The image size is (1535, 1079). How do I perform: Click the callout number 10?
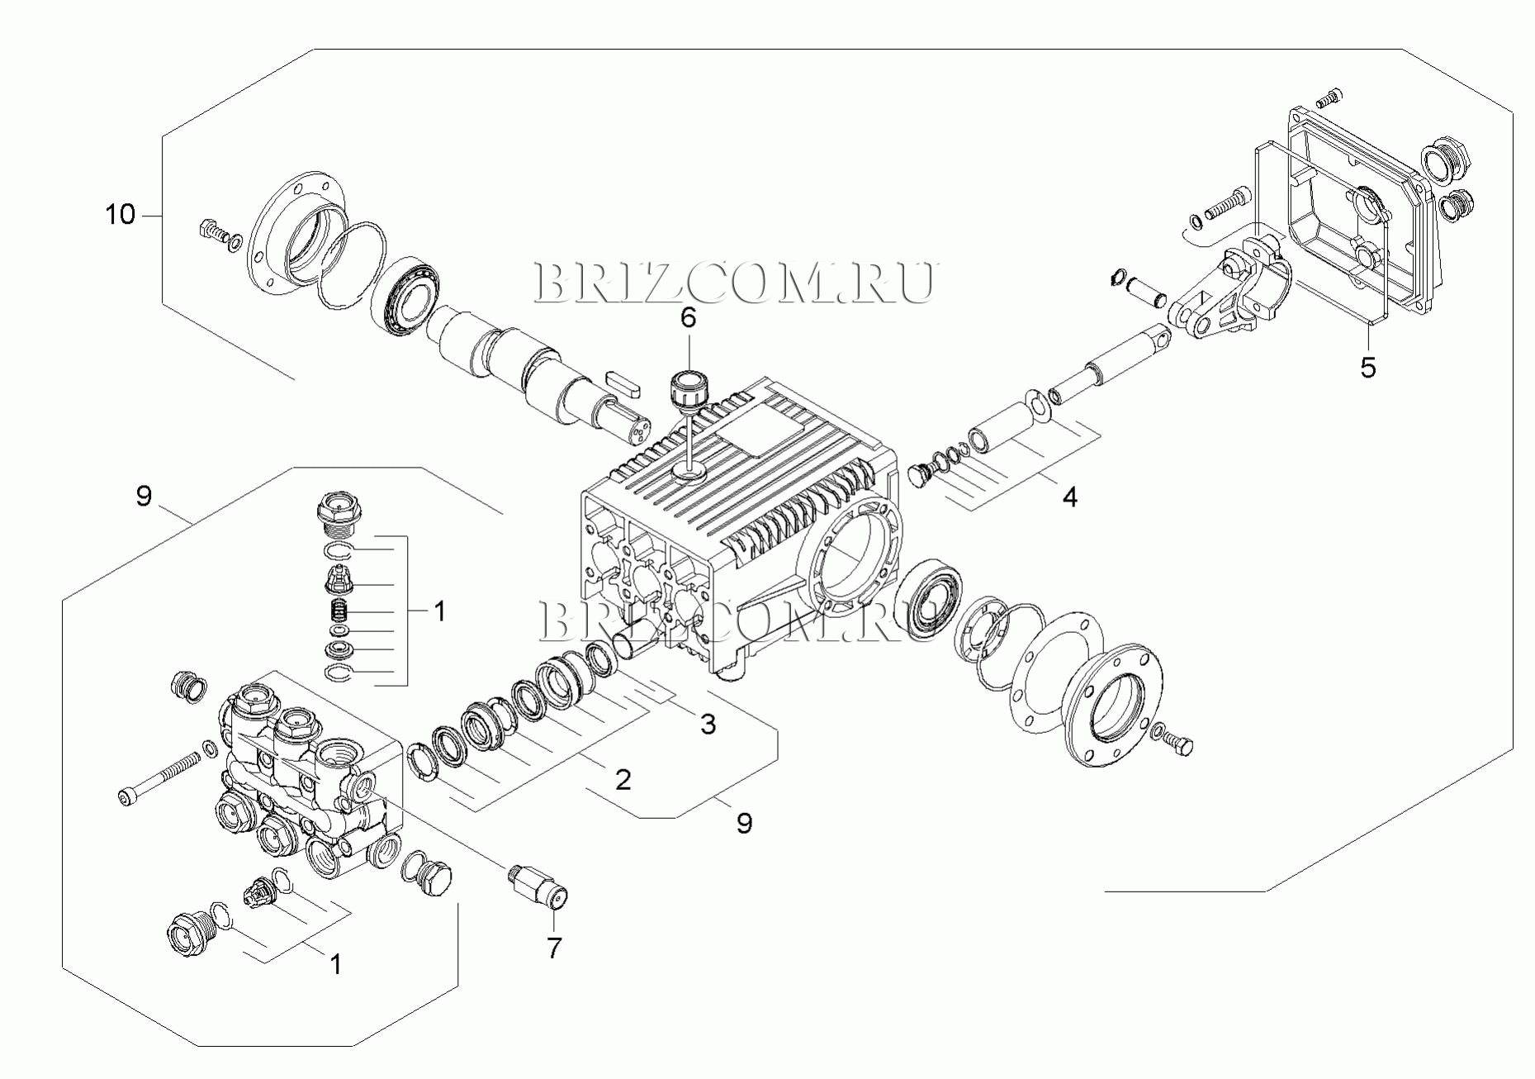(x=120, y=215)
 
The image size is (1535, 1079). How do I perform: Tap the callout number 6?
(x=688, y=317)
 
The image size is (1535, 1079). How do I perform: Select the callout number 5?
(x=1368, y=368)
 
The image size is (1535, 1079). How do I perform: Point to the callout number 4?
(x=1069, y=497)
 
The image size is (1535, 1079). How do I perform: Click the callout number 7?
(x=554, y=948)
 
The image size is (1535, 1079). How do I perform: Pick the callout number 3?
(x=708, y=725)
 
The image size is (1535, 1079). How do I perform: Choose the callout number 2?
(x=623, y=779)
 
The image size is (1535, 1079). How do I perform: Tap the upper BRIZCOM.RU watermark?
(x=735, y=283)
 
